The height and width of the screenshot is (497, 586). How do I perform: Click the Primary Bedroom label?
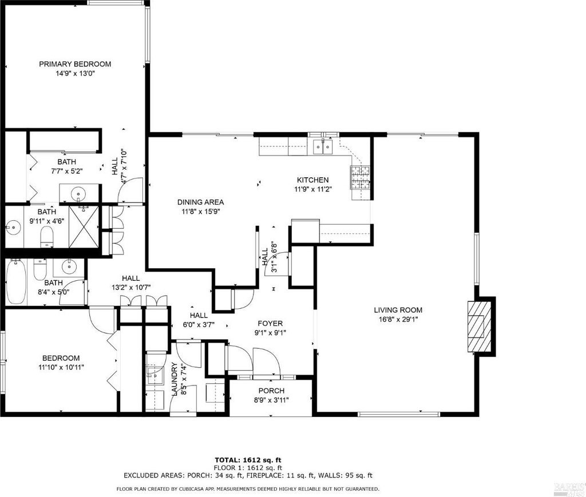(75, 64)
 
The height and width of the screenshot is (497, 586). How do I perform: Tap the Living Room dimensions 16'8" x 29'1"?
(398, 319)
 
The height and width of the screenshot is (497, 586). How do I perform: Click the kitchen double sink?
(323, 146)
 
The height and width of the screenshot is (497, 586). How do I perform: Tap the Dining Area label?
(201, 202)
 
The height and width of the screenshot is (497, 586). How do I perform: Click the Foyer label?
(270, 323)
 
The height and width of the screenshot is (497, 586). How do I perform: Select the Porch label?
(271, 391)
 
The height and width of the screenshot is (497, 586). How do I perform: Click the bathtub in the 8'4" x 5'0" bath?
(16, 281)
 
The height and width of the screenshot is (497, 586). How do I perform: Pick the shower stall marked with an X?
(84, 226)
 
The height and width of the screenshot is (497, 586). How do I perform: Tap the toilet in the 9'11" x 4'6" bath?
(47, 236)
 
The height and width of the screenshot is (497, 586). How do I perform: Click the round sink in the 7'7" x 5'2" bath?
(79, 194)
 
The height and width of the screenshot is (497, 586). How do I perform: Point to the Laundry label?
(174, 379)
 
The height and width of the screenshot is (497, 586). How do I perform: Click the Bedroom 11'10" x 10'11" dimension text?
(61, 367)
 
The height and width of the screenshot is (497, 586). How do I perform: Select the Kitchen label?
(313, 180)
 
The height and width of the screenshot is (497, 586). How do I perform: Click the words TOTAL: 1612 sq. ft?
(247, 460)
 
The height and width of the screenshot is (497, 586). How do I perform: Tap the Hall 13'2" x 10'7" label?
(131, 278)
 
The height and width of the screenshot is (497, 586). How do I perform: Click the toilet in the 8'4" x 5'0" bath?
(39, 269)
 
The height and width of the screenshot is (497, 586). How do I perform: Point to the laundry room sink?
(155, 374)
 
